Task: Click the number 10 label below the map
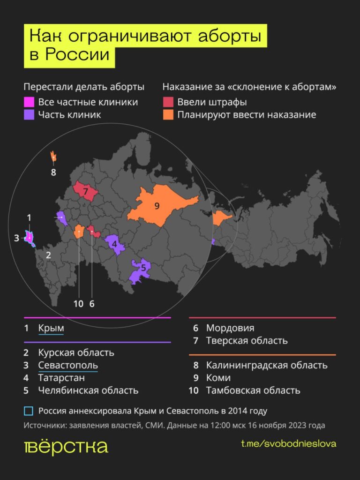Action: click(78, 303)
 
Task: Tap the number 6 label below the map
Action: click(92, 303)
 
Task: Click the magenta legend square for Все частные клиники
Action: click(29, 102)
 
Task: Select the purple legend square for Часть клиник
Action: click(29, 114)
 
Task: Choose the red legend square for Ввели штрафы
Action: click(168, 102)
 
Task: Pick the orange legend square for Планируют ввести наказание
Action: click(168, 114)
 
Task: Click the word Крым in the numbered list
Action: click(51, 328)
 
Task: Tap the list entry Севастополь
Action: click(68, 365)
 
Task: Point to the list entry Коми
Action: click(218, 378)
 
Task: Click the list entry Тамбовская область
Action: click(253, 390)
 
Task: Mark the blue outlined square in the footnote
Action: click(29, 411)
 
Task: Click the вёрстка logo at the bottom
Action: click(66, 446)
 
